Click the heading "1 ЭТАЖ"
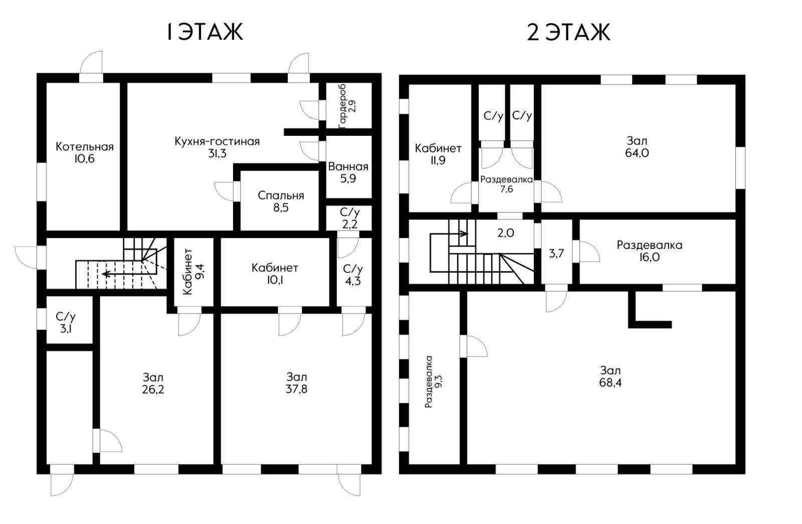click(205, 32)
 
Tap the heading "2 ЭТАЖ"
click(568, 32)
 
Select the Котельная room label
click(85, 147)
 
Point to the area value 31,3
click(218, 154)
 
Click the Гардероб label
click(342, 106)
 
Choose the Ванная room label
click(348, 166)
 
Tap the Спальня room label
click(281, 196)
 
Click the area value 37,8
click(296, 389)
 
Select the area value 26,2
click(153, 389)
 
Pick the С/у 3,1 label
click(66, 323)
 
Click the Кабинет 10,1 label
click(275, 274)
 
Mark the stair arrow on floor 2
click(449, 234)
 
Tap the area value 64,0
click(637, 153)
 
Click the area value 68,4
click(611, 383)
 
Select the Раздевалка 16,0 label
click(650, 251)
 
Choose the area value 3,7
click(556, 254)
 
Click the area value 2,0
click(506, 233)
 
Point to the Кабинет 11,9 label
click(438, 154)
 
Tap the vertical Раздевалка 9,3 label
click(434, 382)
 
